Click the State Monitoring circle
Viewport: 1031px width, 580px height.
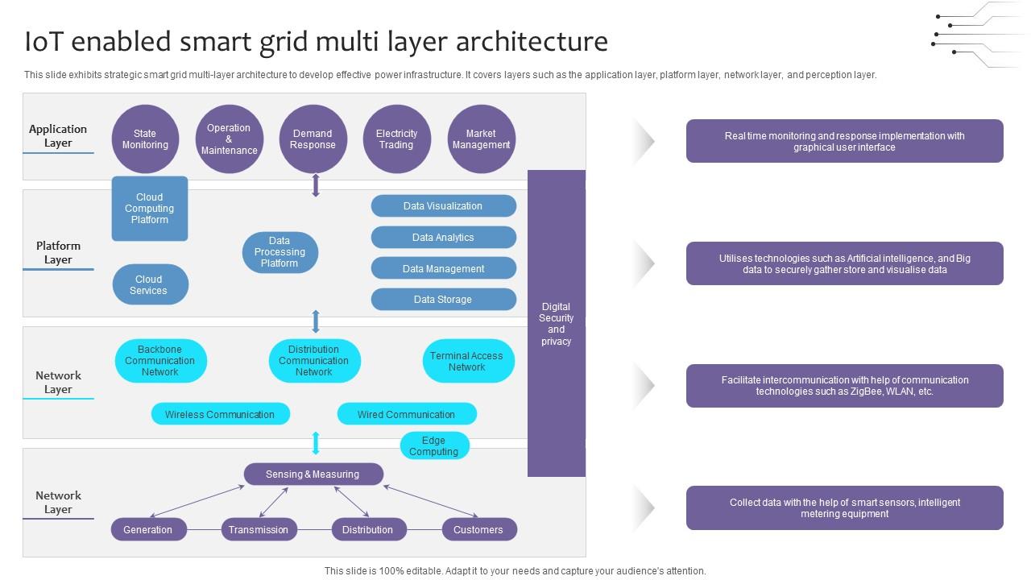tap(145, 139)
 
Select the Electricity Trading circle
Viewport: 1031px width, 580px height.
tap(396, 139)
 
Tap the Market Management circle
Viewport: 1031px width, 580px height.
tap(481, 139)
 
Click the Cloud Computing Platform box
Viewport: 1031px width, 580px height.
tap(150, 209)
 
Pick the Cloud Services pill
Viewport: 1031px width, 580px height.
tap(150, 284)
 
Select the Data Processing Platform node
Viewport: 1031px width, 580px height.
tap(279, 252)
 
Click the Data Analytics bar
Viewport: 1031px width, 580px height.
tap(443, 238)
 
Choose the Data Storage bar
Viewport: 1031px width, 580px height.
tap(443, 300)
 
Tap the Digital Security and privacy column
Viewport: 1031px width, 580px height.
tap(557, 323)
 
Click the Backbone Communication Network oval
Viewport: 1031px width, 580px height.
tap(160, 361)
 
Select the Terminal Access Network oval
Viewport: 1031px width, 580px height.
tap(467, 361)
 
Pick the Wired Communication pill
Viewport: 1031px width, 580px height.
tap(407, 414)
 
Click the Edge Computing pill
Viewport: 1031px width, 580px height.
tap(434, 445)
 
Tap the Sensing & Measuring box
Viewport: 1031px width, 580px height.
tap(313, 474)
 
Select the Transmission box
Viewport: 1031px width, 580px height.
tap(259, 529)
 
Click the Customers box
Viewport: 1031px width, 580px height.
tap(478, 529)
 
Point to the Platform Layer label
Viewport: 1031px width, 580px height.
tap(58, 252)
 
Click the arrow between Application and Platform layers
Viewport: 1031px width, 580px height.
tap(316, 184)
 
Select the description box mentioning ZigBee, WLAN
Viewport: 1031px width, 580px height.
tap(844, 386)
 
